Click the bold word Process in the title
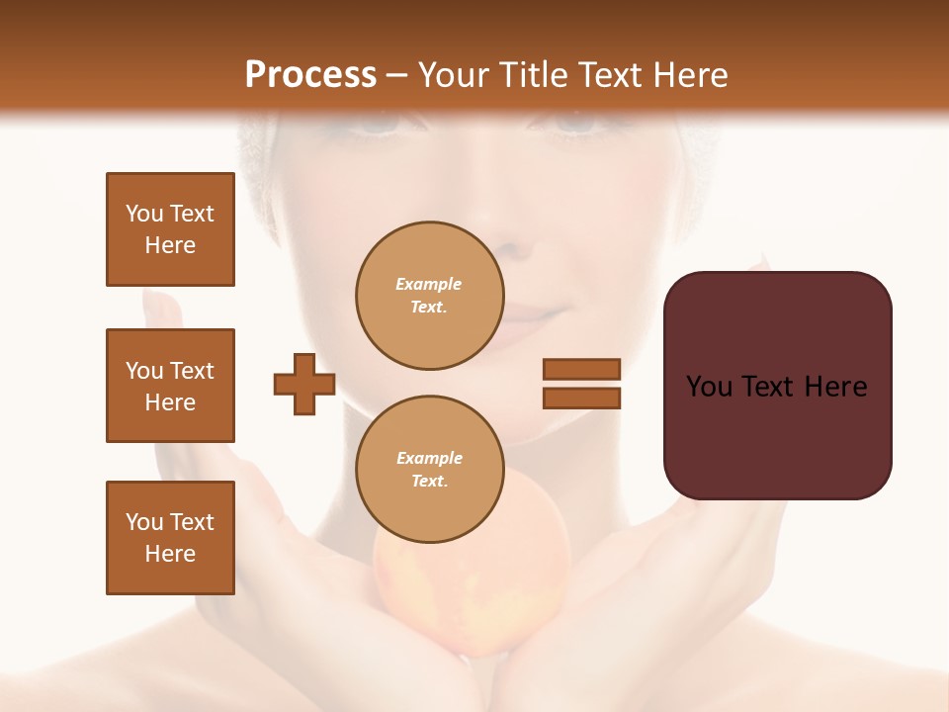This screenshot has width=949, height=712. point(310,75)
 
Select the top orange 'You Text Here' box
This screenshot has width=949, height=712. point(170,229)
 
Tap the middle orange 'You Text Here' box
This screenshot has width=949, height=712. point(170,386)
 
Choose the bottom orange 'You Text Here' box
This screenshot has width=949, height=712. point(170,538)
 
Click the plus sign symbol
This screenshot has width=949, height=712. point(304,383)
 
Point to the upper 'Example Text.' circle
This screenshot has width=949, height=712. point(430,296)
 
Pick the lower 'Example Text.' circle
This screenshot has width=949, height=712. point(430,470)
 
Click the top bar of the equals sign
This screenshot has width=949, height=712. point(581,369)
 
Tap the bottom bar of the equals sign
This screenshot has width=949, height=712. point(581,398)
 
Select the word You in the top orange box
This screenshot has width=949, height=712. point(143,214)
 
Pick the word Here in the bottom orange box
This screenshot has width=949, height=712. point(170,554)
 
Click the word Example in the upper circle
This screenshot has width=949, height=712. point(429,284)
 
